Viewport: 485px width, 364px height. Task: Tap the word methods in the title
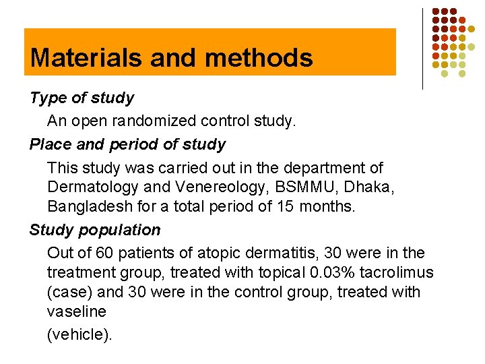[x=259, y=58]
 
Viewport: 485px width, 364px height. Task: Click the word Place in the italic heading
[x=49, y=144]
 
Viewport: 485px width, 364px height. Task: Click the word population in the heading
[x=119, y=230]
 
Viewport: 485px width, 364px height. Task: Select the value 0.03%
[x=325, y=272]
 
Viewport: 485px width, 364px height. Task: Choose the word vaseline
[x=76, y=312]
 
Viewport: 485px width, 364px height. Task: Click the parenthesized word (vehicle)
[x=79, y=335]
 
